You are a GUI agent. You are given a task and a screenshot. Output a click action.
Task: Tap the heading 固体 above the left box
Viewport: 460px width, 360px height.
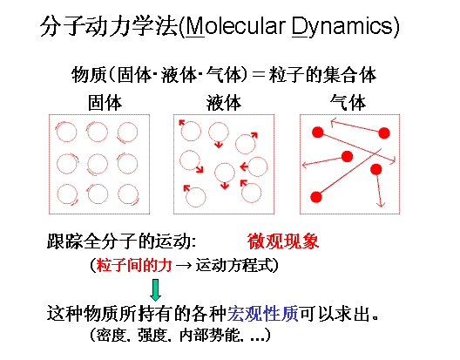(x=105, y=103)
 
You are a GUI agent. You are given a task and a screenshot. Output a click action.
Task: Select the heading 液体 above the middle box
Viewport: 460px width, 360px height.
(x=224, y=103)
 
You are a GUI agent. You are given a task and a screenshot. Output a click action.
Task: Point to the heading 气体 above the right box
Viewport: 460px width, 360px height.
(x=348, y=103)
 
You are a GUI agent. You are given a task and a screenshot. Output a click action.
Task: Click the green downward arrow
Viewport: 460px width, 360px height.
(x=155, y=289)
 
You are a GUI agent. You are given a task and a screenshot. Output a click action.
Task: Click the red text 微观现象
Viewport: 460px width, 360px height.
(x=283, y=241)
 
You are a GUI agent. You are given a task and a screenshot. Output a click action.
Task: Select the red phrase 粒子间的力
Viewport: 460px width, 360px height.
(x=134, y=266)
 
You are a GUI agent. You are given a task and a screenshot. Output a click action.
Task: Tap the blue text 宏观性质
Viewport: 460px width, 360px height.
(x=263, y=314)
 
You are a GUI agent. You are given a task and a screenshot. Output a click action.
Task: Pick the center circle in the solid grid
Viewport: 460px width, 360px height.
(x=98, y=164)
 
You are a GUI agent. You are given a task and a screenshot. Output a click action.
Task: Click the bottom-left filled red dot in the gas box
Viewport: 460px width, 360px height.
(x=316, y=197)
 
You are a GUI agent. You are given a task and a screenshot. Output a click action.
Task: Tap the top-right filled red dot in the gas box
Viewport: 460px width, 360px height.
(x=384, y=133)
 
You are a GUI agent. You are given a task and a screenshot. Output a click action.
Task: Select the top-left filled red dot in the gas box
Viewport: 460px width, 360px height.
(x=318, y=132)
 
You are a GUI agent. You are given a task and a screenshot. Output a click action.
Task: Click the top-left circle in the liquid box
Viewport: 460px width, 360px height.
(x=192, y=131)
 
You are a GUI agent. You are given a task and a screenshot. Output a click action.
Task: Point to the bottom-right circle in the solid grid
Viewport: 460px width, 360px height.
(x=128, y=194)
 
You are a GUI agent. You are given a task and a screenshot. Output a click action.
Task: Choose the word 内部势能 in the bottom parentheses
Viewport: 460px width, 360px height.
(x=208, y=336)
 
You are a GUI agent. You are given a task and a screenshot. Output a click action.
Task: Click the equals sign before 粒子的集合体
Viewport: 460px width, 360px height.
(x=259, y=75)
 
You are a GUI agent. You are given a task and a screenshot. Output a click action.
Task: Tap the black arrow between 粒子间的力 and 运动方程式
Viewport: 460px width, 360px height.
(x=184, y=266)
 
